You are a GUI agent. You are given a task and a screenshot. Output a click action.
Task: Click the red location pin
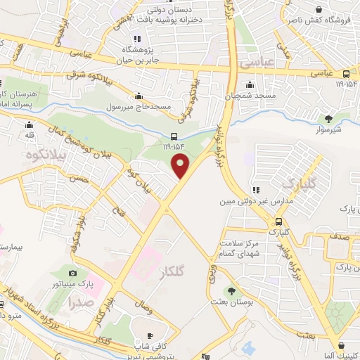click(181, 167)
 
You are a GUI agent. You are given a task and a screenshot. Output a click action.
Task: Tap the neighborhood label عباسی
click(257, 63)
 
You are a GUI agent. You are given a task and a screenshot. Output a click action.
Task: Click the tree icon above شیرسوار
click(328, 117)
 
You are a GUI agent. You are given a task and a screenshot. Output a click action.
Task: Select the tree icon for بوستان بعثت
click(230, 291)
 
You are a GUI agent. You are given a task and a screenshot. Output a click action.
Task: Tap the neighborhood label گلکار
click(182, 270)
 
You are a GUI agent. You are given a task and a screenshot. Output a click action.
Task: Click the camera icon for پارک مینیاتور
click(72, 272)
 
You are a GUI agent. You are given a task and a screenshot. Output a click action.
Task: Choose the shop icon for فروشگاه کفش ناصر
click(320, 11)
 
